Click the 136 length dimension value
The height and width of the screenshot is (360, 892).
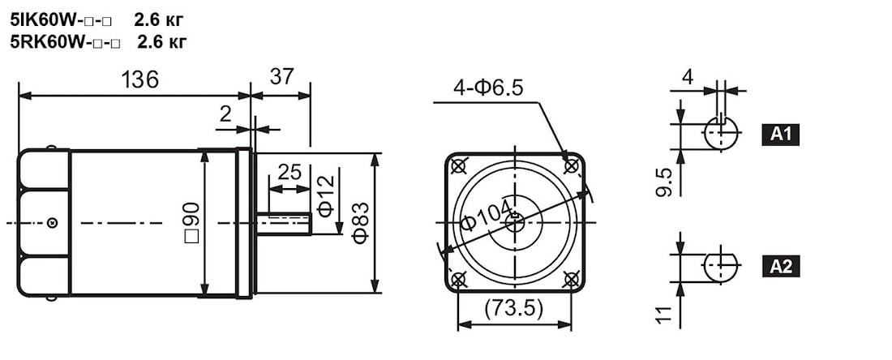pos(139,80)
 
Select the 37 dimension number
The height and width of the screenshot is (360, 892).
pos(281,76)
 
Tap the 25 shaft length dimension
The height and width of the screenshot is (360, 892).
pos(289,171)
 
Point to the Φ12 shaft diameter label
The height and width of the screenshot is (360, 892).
pos(326,196)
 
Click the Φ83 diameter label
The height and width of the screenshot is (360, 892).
pos(361,222)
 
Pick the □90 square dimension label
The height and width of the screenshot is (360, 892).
pos(192,222)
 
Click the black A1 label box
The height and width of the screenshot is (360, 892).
pos(780,135)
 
